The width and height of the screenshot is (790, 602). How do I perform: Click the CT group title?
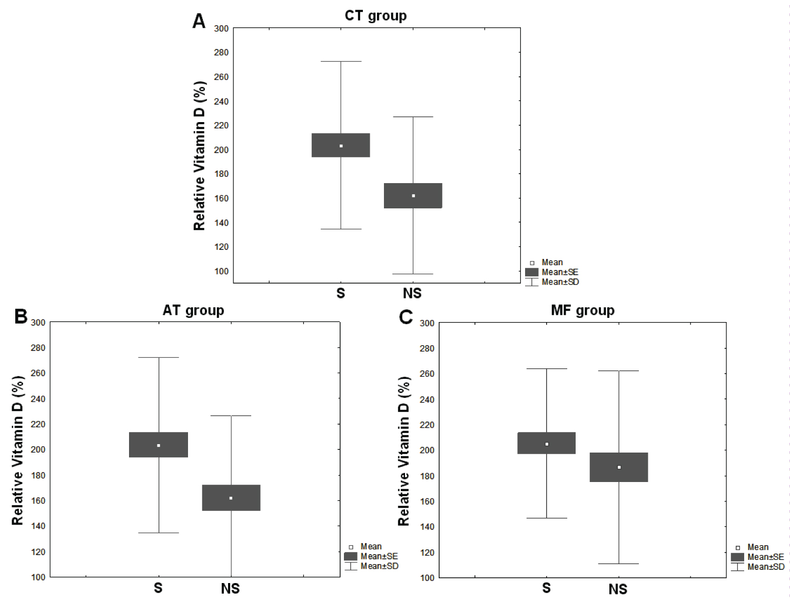pos(376,16)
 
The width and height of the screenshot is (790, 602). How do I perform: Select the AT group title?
pos(193,310)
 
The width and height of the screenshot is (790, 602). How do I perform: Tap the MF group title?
pos(582,310)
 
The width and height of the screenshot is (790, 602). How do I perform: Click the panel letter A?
pos(199,22)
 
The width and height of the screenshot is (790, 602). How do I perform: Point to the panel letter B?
pos(21,316)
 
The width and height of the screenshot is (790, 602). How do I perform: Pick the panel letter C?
pos(406,317)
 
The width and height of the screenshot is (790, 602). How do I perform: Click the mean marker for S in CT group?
pos(341,146)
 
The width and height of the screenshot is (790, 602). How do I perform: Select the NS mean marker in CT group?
pos(413,196)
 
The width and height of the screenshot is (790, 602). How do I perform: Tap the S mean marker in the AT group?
pos(159,446)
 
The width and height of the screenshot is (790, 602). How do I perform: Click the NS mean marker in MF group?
pos(619,467)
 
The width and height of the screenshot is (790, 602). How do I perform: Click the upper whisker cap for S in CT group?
pos(341,62)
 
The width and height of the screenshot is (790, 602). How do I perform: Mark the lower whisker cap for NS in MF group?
pos(619,564)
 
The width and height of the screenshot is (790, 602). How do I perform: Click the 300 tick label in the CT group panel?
pos(221,28)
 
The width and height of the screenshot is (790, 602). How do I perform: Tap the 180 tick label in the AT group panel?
pos(38,475)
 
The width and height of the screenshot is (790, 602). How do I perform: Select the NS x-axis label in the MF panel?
pos(618,589)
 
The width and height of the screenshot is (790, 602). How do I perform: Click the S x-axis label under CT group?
pos(341,293)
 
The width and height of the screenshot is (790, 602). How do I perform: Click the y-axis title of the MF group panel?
pos(404,451)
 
